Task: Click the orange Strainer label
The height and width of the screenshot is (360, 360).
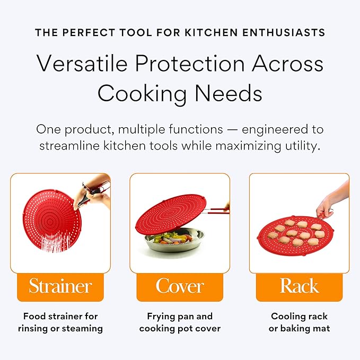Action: click(60, 287)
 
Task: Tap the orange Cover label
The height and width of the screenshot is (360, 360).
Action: click(180, 287)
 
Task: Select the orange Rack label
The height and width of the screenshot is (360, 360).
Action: click(299, 287)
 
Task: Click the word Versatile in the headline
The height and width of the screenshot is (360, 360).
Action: click(82, 64)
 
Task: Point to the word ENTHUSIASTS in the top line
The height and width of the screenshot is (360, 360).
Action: click(284, 32)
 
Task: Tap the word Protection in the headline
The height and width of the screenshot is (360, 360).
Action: click(190, 64)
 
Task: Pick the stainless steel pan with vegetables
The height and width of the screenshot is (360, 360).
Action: click(174, 241)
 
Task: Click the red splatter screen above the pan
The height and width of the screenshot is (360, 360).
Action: click(171, 214)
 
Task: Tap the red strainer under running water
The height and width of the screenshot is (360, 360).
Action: click(51, 221)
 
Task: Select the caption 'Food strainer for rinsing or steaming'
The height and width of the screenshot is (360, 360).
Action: click(60, 322)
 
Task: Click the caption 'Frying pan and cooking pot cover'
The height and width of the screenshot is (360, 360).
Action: click(180, 322)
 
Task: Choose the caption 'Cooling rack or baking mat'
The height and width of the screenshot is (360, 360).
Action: click(299, 322)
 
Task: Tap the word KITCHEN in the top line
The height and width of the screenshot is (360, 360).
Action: click(211, 32)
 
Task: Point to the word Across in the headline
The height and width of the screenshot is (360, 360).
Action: click(288, 64)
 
